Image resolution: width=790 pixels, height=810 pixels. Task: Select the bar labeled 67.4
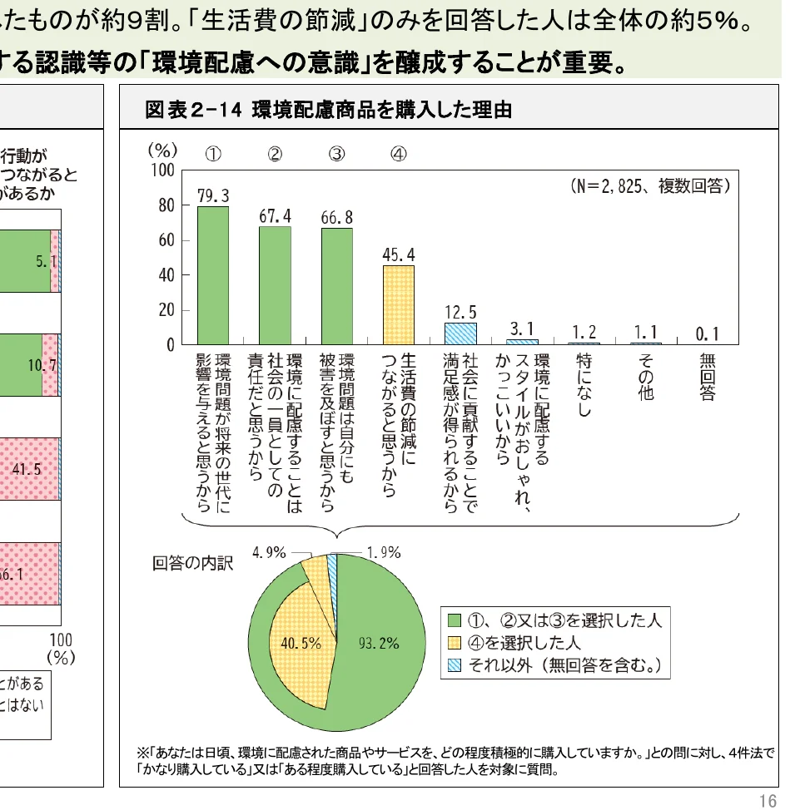tap(275, 285)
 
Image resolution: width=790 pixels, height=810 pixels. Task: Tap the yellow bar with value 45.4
tap(398, 304)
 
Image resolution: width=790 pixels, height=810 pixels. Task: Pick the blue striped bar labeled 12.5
tap(460, 333)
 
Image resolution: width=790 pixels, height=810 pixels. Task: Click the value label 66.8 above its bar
tap(336, 217)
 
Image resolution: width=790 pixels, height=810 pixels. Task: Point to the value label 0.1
tap(707, 333)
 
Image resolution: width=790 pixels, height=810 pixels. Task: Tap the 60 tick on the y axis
tap(166, 240)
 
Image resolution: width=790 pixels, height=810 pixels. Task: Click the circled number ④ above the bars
tap(398, 154)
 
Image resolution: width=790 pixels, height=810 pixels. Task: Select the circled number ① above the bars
tap(213, 154)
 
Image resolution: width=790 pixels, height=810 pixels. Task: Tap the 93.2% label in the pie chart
tap(379, 643)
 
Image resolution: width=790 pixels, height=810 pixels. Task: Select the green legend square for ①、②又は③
tap(454, 620)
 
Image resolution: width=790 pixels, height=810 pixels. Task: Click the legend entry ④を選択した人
tap(524, 643)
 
